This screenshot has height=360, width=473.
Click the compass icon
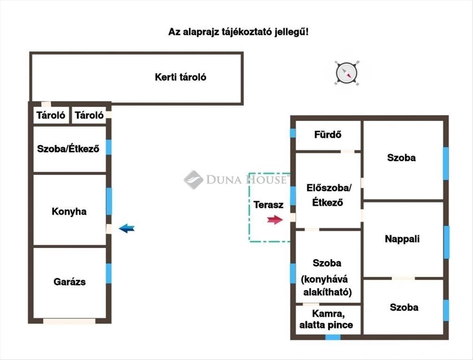347,73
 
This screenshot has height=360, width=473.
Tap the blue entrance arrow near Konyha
127,228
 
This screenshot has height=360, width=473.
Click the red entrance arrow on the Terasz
275,220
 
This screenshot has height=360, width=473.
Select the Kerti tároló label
180,77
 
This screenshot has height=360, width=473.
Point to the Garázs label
69,282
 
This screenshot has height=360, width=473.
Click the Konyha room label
69,212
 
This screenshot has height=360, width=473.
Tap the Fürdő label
328,134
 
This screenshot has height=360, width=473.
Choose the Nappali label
402,239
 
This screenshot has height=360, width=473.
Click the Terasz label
268,205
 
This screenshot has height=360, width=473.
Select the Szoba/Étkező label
68,149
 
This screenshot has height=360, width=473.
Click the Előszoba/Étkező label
328,195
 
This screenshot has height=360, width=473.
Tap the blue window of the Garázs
109,273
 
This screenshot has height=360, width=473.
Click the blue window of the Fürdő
293,133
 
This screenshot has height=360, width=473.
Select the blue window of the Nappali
446,242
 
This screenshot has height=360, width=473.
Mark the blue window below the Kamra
333,337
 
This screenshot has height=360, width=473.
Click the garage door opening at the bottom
69,321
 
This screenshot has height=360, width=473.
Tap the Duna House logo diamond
193,180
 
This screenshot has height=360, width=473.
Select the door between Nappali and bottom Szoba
403,278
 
